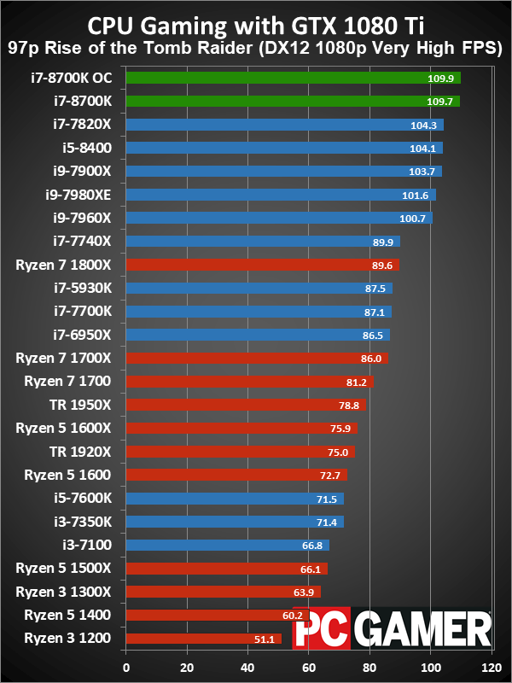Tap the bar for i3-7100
pyautogui.click(x=227, y=545)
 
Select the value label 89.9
pyautogui.click(x=382, y=242)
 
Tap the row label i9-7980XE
pyautogui.click(x=84, y=195)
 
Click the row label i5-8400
pyautogui.click(x=100, y=148)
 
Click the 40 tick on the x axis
pyautogui.click(x=247, y=668)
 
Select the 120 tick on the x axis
pyautogui.click(x=491, y=668)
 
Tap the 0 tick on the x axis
pyautogui.click(x=126, y=668)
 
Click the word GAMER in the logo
pyautogui.click(x=423, y=632)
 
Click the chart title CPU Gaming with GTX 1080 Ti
pyautogui.click(x=256, y=23)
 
